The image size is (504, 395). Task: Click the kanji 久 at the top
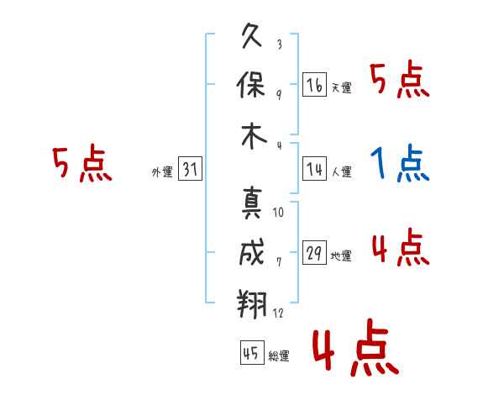[252, 35]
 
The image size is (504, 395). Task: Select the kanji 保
[250, 85]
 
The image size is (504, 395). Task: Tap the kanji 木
[254, 136]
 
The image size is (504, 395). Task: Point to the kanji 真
[252, 203]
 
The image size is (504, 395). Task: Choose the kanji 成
[252, 252]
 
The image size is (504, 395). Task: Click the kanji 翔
[252, 303]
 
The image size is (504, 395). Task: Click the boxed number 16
[314, 84]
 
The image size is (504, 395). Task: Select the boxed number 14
[314, 169]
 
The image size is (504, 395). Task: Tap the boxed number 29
[314, 252]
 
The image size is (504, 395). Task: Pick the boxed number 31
[190, 169]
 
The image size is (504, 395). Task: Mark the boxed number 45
[252, 352]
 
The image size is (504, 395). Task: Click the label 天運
[342, 87]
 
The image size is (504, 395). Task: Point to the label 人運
[342, 171]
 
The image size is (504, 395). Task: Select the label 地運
[341, 256]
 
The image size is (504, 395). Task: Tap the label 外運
[162, 172]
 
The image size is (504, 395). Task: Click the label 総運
[279, 356]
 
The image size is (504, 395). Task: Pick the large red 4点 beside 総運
[356, 347]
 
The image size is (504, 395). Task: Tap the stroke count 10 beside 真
[278, 213]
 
